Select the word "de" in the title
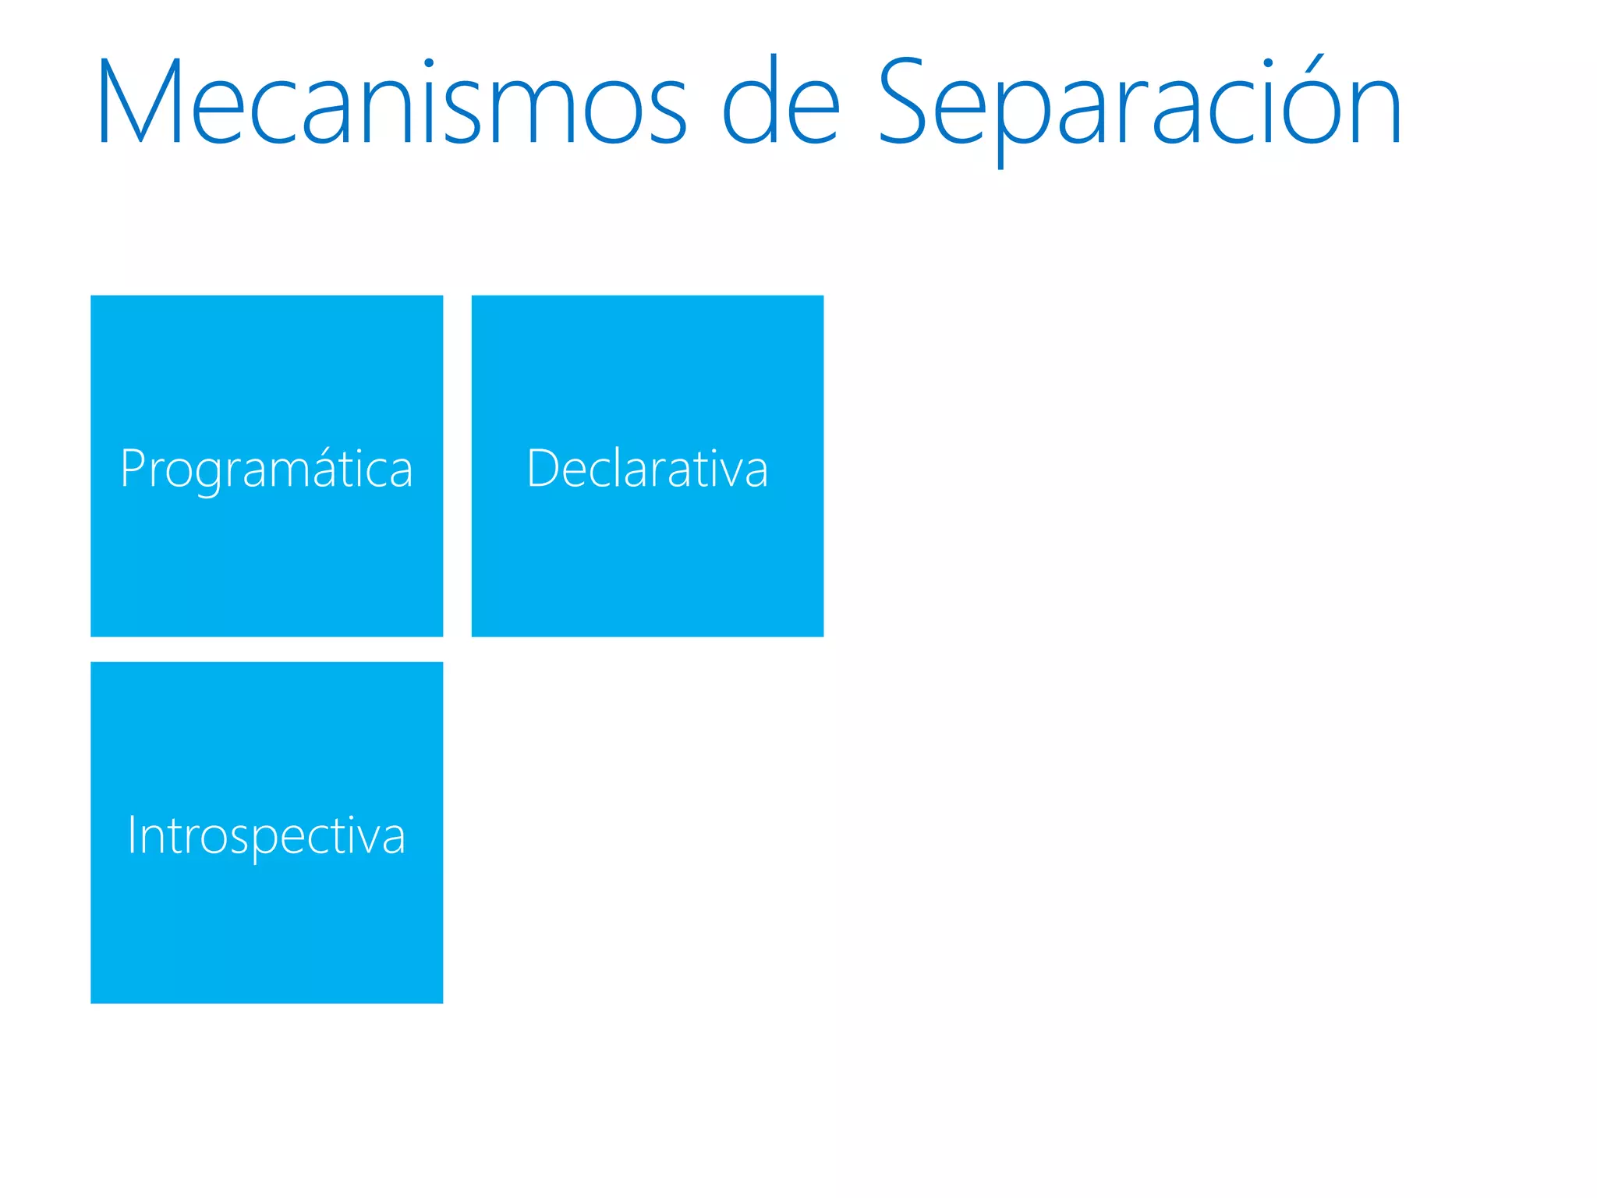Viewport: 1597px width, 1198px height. coord(781,101)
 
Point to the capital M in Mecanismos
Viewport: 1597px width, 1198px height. coord(139,101)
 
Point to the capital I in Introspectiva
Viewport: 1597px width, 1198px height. coord(133,835)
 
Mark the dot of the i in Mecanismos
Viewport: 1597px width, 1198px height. coord(428,62)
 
